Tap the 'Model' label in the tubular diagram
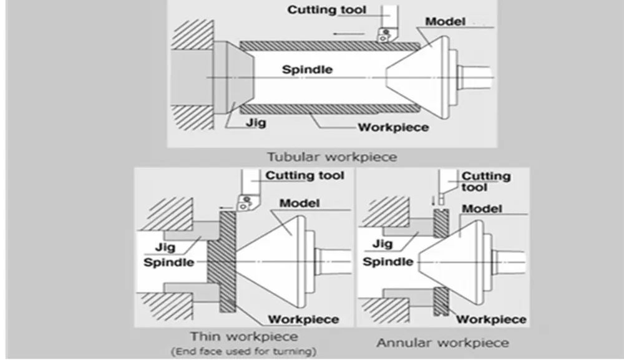point(446,22)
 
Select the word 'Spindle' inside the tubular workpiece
point(307,69)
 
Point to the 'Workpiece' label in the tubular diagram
point(393,128)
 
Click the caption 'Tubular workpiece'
point(332,156)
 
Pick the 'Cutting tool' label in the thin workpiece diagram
point(305,175)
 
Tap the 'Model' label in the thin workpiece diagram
point(300,203)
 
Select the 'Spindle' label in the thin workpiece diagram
point(168,262)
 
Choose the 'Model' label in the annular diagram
point(481,209)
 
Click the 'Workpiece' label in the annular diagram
point(492,319)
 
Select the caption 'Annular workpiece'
point(442,343)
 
